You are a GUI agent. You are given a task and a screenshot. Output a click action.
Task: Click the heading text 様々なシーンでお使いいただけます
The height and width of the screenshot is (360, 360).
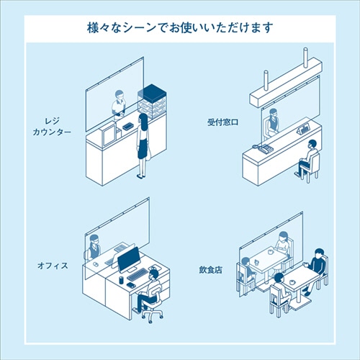pyautogui.click(x=179, y=28)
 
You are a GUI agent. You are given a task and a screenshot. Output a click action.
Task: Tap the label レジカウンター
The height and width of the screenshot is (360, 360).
pyautogui.click(x=51, y=127)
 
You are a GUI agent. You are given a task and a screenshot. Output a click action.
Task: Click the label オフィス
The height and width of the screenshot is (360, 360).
pyautogui.click(x=53, y=266)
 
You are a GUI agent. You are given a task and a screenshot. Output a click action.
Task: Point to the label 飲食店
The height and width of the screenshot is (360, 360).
pyautogui.click(x=210, y=270)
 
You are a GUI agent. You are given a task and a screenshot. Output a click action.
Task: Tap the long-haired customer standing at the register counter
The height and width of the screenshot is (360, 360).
pyautogui.click(x=143, y=144)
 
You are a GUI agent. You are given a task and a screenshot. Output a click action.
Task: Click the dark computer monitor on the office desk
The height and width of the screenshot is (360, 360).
pyautogui.click(x=130, y=259)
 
